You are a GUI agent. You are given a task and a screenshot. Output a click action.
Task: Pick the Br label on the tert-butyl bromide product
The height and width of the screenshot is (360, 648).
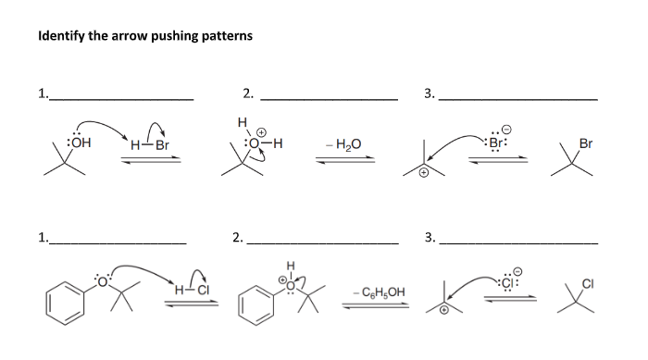point(585,143)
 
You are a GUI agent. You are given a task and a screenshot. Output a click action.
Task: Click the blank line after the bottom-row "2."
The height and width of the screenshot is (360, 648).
point(325,242)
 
